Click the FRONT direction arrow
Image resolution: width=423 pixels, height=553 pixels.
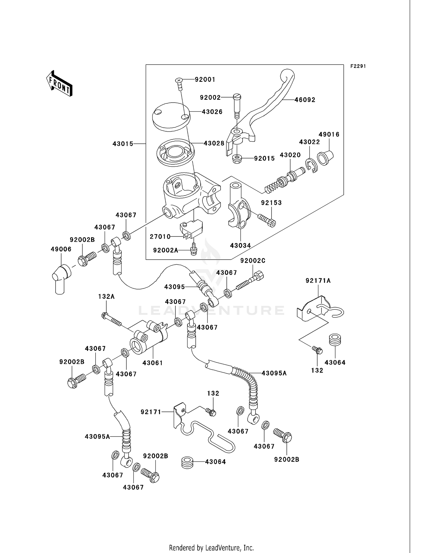click(x=60, y=83)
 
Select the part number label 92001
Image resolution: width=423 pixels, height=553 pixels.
click(x=205, y=80)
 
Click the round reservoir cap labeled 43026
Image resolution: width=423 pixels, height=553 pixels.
click(x=170, y=116)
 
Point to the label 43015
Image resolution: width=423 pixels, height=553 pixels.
click(x=123, y=144)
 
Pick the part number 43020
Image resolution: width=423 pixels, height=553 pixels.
click(x=290, y=155)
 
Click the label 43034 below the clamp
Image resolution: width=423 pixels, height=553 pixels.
click(x=240, y=246)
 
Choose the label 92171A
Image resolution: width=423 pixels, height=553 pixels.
click(x=318, y=281)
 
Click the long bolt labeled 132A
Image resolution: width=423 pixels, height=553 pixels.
click(x=111, y=320)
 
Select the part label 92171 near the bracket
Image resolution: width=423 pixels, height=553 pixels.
click(x=151, y=412)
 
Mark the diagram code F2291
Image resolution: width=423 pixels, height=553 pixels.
click(x=358, y=66)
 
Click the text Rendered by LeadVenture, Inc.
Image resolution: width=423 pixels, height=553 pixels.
click(x=211, y=548)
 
